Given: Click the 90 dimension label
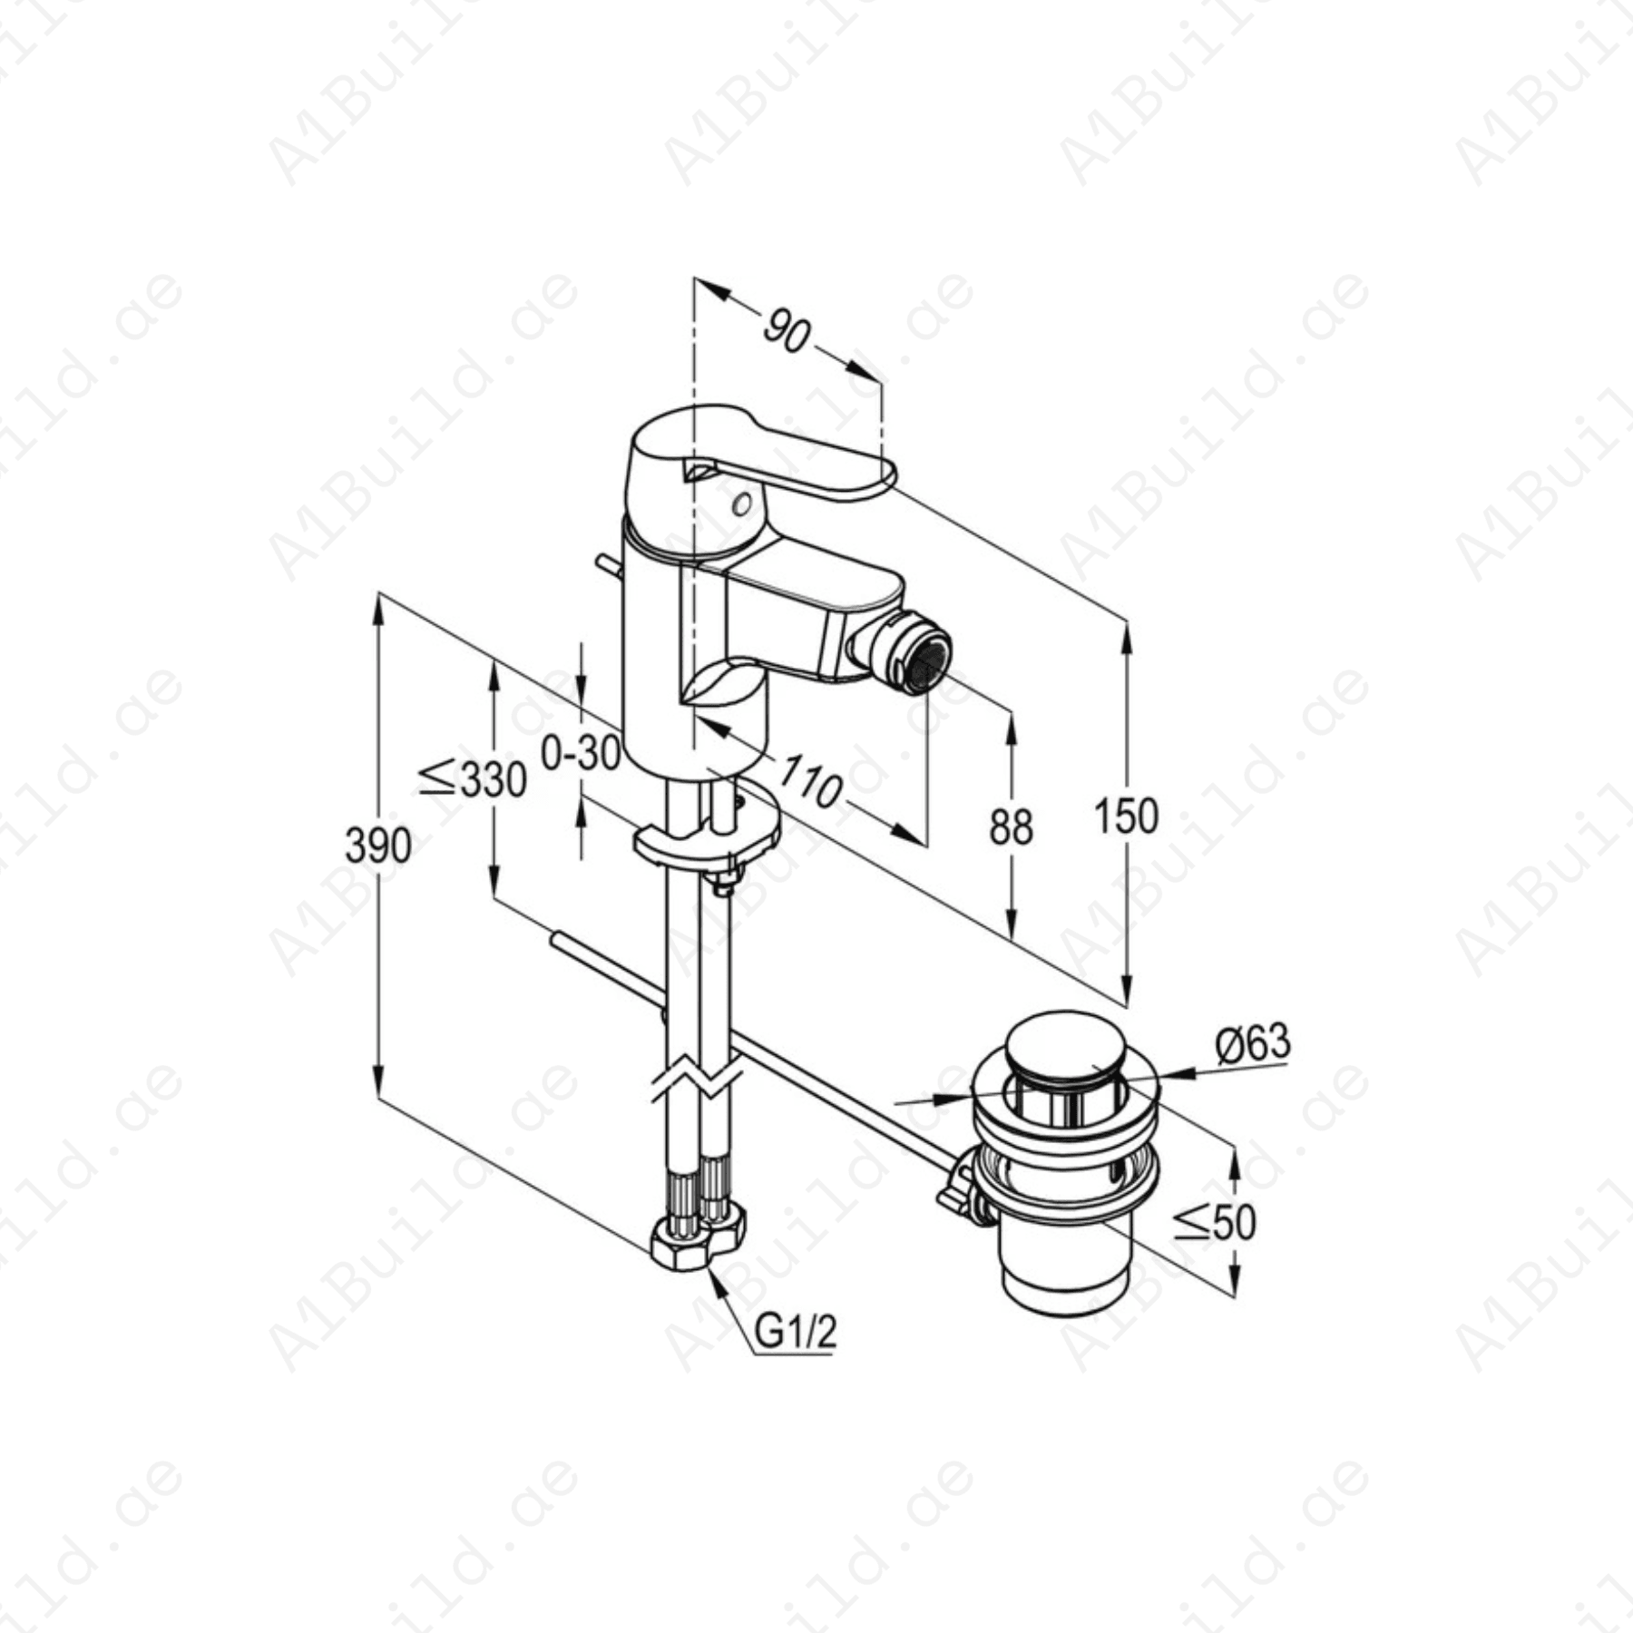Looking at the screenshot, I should tap(786, 330).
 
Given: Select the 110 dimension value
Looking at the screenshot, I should tap(810, 780).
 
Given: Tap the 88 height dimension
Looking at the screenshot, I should tap(1011, 826).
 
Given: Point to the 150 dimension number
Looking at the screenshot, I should tap(1126, 816).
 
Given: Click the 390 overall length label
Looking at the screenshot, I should tap(378, 846).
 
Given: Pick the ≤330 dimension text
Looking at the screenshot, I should tap(473, 778).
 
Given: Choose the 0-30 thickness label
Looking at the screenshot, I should tap(581, 752).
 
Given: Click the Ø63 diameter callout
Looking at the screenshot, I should tap(1253, 1043).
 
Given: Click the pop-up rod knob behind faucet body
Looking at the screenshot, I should tap(605, 567).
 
